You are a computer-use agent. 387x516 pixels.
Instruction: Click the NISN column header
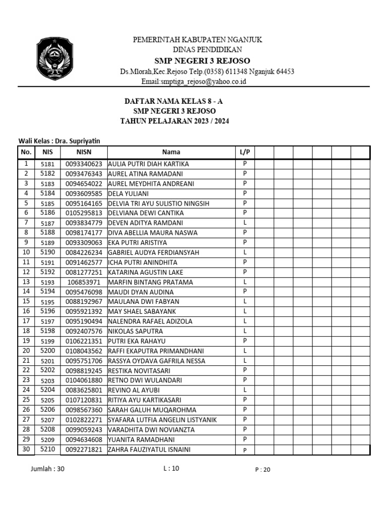[x=84, y=152]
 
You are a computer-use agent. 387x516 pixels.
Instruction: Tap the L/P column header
[x=245, y=152]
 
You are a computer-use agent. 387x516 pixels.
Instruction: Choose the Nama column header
[x=171, y=152]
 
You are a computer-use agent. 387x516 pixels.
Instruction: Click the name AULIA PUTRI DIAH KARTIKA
[x=148, y=164]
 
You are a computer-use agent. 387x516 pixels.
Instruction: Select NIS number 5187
[x=47, y=223]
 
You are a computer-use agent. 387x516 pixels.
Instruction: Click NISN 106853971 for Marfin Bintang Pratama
[x=84, y=282]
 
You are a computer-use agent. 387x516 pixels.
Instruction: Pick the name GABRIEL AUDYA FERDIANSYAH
[x=154, y=252]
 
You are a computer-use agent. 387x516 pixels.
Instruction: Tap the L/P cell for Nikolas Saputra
[x=245, y=331]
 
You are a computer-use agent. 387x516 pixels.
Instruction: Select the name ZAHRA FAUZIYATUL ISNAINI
[x=149, y=449]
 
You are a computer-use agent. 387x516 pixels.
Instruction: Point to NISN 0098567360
[x=84, y=410]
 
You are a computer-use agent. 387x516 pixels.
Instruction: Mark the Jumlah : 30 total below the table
[x=48, y=469]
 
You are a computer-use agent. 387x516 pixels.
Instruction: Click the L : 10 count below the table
[x=171, y=468]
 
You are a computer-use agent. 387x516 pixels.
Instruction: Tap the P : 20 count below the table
[x=263, y=470]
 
